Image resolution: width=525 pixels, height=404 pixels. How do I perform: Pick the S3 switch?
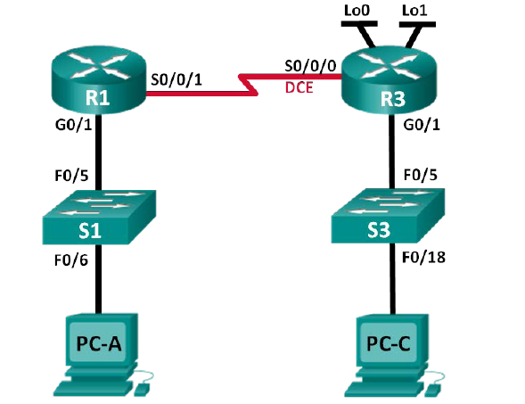(x=390, y=219)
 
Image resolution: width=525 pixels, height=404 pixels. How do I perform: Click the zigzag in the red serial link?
(x=242, y=83)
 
